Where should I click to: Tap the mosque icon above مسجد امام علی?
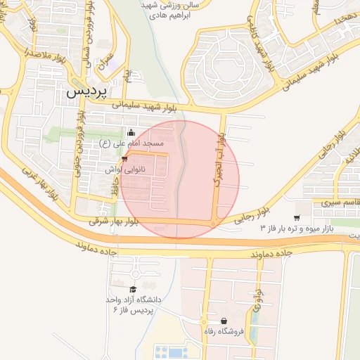129,133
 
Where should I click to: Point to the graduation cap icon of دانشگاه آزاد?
132,289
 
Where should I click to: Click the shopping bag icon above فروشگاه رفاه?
224,321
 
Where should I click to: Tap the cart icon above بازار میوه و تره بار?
298,217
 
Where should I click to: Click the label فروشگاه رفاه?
224,331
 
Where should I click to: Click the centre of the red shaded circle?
180,179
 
